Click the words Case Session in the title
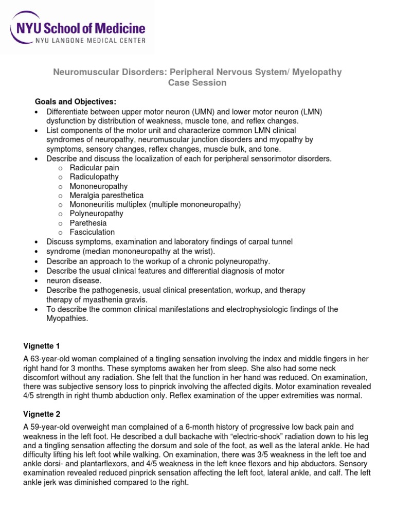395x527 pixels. (197, 83)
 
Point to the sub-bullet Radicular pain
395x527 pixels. (94, 167)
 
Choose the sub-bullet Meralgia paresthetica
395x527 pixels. (106, 195)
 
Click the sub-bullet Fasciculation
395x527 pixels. (92, 232)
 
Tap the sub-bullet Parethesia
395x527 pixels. (88, 223)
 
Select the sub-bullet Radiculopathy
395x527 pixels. (94, 177)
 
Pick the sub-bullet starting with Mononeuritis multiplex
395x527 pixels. (155, 204)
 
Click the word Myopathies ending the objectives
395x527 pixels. (67, 319)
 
